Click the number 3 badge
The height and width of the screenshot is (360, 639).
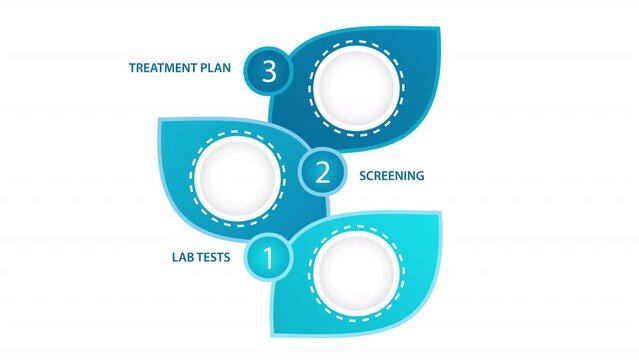pos(267,70)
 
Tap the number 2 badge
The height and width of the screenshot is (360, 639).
pos(323,172)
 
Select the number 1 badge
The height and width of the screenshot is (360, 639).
pos(268,257)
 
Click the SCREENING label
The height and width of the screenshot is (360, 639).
pos(391,176)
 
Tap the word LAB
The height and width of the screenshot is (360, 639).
pos(184,257)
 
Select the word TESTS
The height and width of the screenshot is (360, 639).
pos(214,257)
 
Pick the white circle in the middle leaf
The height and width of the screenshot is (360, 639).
pos(238,176)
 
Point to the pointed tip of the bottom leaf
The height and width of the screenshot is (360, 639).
pos(441,213)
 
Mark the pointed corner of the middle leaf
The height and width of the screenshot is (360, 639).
pos(160,122)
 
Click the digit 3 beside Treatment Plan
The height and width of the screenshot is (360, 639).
pos(267,70)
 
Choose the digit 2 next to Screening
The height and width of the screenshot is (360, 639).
pos(323,172)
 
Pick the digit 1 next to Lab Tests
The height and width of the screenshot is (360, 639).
pos(268,257)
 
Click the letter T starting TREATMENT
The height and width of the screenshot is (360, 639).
pos(133,69)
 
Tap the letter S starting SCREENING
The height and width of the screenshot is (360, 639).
pos(363,176)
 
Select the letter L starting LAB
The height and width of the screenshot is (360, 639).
pos(175,257)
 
